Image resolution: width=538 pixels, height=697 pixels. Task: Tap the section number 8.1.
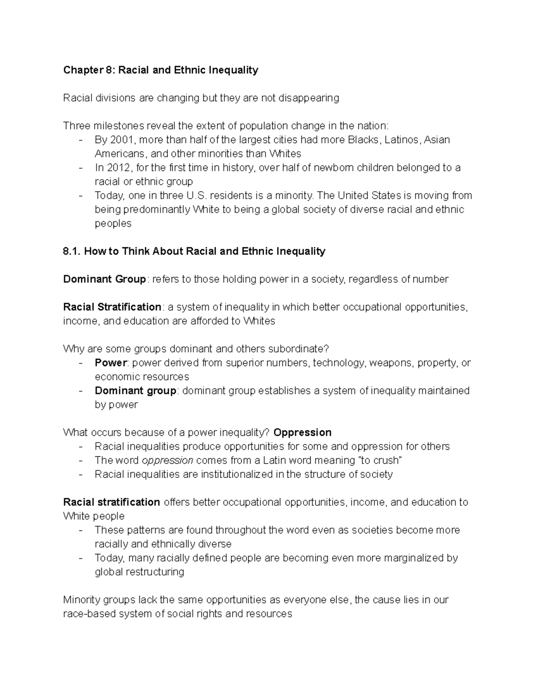point(72,251)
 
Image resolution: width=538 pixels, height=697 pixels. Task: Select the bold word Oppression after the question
point(302,432)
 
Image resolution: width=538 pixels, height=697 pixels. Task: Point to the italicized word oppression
point(167,460)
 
